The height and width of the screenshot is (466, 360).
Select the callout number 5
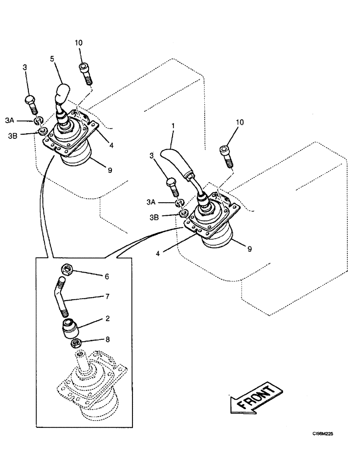click(x=53, y=59)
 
